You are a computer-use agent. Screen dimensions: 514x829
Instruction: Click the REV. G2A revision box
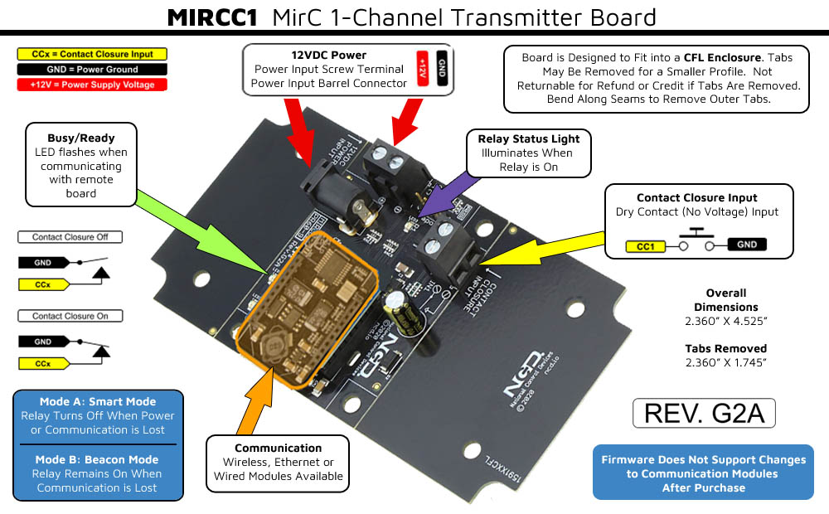703,413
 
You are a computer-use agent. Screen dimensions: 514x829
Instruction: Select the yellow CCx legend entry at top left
91,54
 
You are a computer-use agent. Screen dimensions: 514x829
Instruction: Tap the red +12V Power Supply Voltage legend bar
91,85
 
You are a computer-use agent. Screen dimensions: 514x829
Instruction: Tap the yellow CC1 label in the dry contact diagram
647,245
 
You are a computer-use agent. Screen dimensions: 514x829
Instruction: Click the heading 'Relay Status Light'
528,138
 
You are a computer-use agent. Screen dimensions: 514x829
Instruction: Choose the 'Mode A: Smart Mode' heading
98,402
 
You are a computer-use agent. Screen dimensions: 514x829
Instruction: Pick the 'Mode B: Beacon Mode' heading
98,459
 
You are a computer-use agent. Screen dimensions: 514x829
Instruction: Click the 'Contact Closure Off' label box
70,237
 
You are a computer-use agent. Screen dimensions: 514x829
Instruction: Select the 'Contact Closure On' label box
70,316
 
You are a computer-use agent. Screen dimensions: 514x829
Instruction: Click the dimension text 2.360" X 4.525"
725,322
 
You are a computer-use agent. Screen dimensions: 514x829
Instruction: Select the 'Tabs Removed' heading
725,348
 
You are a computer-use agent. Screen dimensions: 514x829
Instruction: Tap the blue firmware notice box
703,473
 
